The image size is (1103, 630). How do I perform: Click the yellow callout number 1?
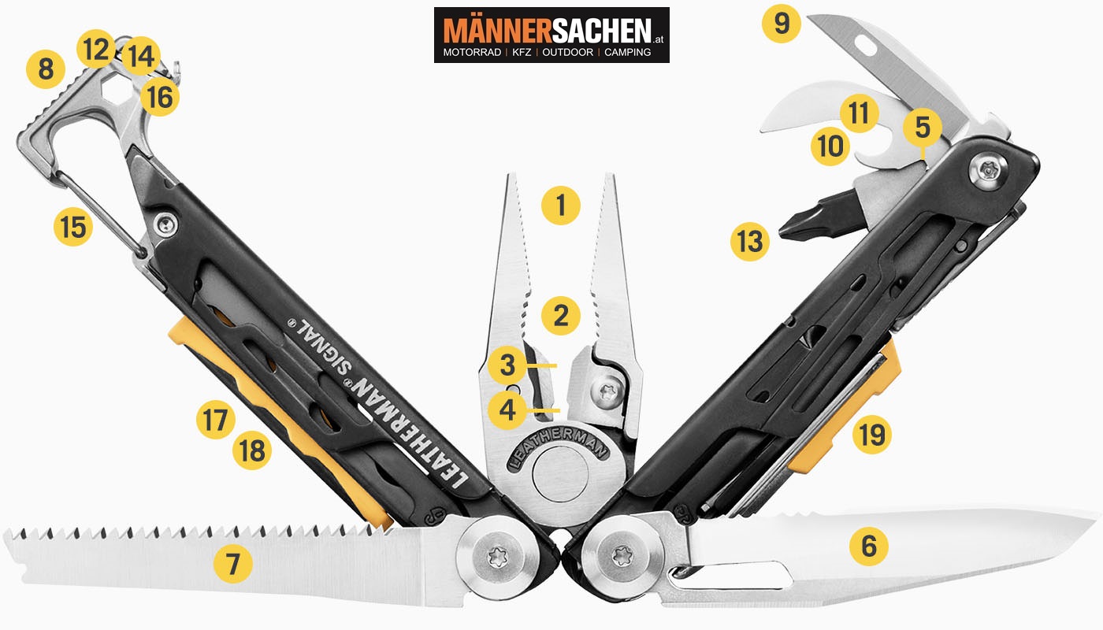point(560,206)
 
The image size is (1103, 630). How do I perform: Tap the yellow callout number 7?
point(232,564)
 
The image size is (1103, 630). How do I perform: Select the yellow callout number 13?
point(749,241)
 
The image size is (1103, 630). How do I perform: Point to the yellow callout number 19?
point(871,435)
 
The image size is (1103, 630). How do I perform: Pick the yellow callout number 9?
point(782,23)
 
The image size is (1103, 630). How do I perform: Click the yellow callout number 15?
point(73,227)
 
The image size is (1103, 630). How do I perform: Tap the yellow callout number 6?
point(868,546)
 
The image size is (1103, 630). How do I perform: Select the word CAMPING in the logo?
point(627,52)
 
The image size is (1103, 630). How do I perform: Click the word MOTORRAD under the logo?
point(472,52)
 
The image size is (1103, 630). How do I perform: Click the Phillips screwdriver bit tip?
point(783,230)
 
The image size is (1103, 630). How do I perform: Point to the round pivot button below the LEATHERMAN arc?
point(560,474)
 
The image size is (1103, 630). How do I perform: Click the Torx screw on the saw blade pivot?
point(496,558)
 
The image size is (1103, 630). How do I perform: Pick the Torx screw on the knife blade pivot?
point(622,556)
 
